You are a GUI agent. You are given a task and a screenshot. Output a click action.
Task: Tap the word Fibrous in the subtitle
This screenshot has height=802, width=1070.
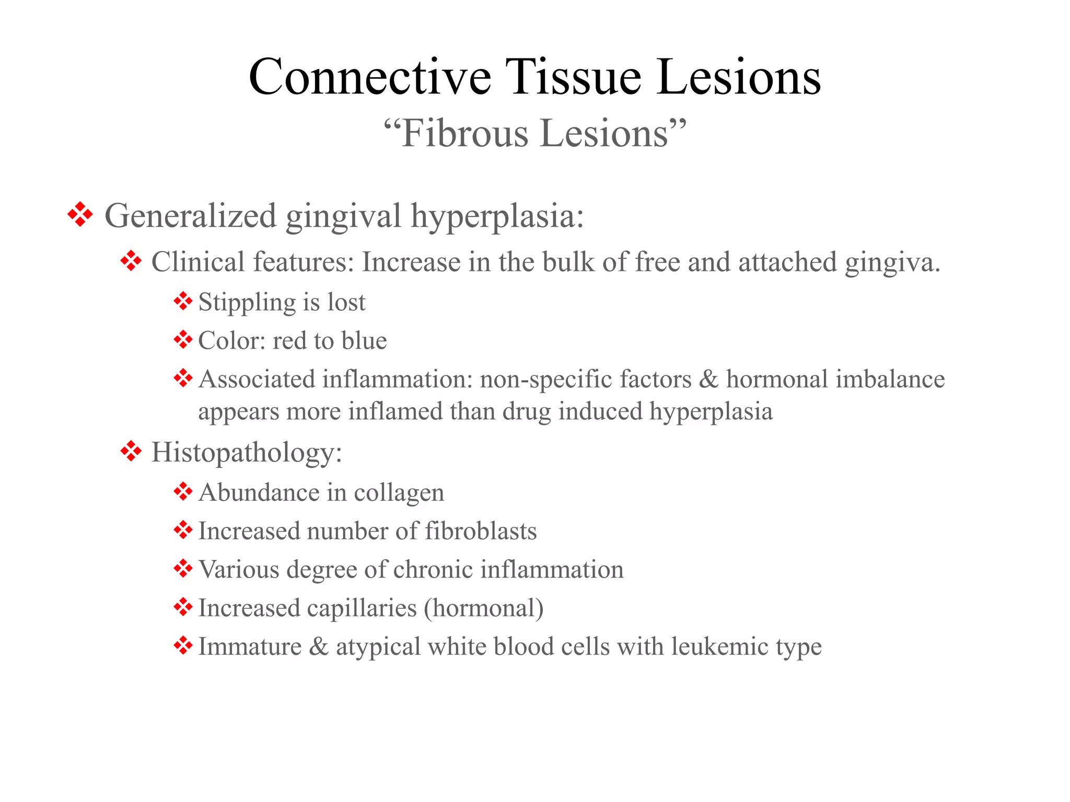coord(465,134)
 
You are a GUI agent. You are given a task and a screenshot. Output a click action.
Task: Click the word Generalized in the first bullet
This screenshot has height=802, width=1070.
coord(190,216)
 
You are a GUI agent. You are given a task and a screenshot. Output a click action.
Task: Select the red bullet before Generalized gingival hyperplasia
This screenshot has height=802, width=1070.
coord(80,215)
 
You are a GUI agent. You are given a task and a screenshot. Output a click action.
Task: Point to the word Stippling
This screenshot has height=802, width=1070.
coord(247,303)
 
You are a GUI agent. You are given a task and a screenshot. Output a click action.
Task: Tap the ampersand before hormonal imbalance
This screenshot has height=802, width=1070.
coord(708,379)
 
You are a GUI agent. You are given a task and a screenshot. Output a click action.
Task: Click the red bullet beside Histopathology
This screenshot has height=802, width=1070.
coord(131,451)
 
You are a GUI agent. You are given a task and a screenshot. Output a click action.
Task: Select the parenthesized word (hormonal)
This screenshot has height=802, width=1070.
coord(484,608)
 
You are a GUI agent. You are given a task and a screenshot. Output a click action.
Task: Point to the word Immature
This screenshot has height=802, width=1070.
coord(250,647)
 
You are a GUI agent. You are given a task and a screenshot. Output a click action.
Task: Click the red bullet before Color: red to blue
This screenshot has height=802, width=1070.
coord(183,340)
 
